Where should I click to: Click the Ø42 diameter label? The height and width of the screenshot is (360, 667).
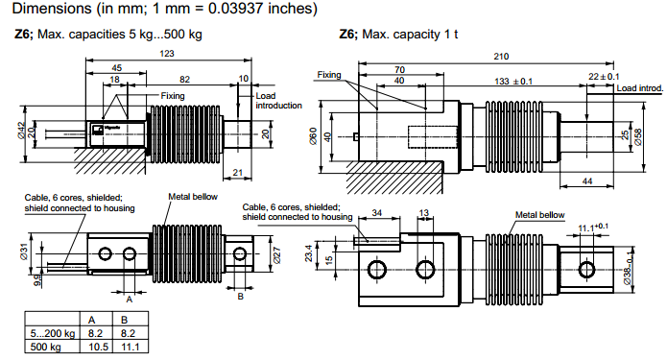(x=21, y=131)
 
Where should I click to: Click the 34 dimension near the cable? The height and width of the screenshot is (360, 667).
(x=376, y=212)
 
